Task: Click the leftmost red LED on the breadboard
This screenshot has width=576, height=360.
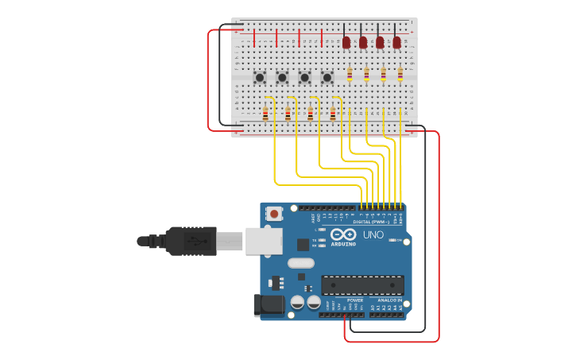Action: click(x=346, y=41)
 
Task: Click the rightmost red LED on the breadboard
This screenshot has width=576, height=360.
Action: click(x=396, y=41)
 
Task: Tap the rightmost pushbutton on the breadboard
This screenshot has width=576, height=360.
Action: click(x=327, y=77)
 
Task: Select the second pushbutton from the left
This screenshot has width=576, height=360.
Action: click(x=282, y=77)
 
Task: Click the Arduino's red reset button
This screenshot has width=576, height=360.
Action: click(x=274, y=213)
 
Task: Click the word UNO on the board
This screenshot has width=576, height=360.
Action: click(x=373, y=235)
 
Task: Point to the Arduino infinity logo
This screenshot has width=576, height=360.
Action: click(x=343, y=235)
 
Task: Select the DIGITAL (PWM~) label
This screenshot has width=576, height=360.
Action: click(x=377, y=222)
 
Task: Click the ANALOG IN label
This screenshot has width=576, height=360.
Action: click(x=389, y=300)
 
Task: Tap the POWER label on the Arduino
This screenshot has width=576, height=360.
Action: click(x=354, y=300)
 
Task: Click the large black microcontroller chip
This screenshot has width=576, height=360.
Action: click(x=362, y=285)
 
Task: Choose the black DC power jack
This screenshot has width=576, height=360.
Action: click(x=268, y=305)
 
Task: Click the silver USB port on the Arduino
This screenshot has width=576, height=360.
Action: click(x=263, y=241)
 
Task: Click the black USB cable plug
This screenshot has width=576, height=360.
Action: click(x=191, y=241)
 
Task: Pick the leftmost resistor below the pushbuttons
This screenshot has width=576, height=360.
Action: click(x=265, y=114)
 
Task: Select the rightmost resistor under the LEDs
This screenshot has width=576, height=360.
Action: click(x=400, y=74)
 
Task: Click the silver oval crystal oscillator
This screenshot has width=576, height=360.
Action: click(x=300, y=263)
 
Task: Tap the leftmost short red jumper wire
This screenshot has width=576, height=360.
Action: click(x=254, y=38)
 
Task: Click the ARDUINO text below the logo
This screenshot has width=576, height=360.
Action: click(x=343, y=245)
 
